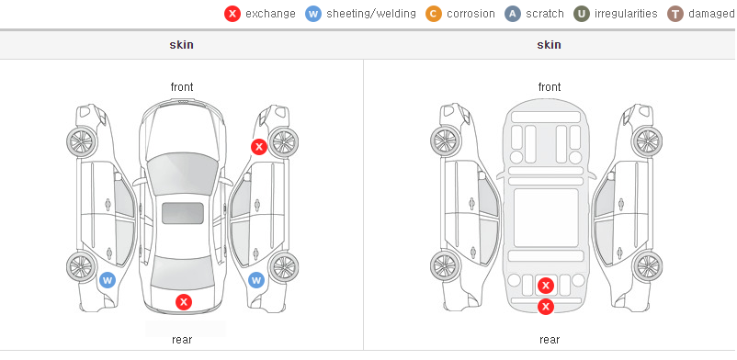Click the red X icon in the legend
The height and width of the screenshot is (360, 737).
coord(232,14)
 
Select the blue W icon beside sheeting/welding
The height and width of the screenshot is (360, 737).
coord(313,14)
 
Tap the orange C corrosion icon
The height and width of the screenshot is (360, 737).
coord(434,14)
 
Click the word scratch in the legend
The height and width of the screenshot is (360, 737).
coord(545,14)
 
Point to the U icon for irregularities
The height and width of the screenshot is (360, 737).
coord(582,14)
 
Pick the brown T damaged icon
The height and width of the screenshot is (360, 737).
coord(675,14)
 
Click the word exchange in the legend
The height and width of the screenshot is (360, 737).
coord(270,14)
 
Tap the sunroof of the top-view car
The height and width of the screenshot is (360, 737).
coord(183,213)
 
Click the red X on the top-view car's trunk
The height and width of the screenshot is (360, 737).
coord(184,302)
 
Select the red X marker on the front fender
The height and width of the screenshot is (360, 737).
coord(258,147)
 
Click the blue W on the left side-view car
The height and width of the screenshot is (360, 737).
coord(108,281)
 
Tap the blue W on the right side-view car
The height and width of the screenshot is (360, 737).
coord(256,281)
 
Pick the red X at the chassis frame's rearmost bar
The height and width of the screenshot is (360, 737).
coord(546,307)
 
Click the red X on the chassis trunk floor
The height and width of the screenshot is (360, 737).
coord(546,286)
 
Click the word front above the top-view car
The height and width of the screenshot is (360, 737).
coord(182,87)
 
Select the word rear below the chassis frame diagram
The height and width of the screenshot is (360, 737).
coord(550,340)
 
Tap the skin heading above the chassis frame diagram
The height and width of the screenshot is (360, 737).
coord(549,45)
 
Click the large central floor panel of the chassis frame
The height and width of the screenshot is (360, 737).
coord(546,218)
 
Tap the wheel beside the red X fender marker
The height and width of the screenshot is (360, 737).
coord(283,142)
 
